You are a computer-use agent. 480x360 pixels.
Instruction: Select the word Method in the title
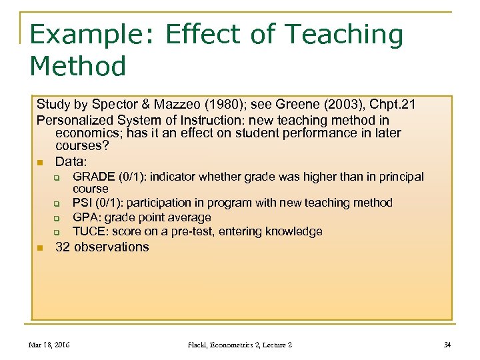coord(78,67)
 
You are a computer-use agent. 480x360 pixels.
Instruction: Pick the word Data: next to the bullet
coord(71,161)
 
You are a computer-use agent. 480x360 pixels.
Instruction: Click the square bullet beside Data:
coord(40,162)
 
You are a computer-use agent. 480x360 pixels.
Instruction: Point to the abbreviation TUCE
coord(89,232)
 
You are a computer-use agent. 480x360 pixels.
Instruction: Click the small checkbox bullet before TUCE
coord(57,233)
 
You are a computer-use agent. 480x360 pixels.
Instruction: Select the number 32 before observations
coord(63,247)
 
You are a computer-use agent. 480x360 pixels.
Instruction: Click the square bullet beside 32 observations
coord(40,248)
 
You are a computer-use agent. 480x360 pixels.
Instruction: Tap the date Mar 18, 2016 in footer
coord(50,345)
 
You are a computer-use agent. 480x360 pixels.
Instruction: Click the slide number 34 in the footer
coord(447,345)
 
